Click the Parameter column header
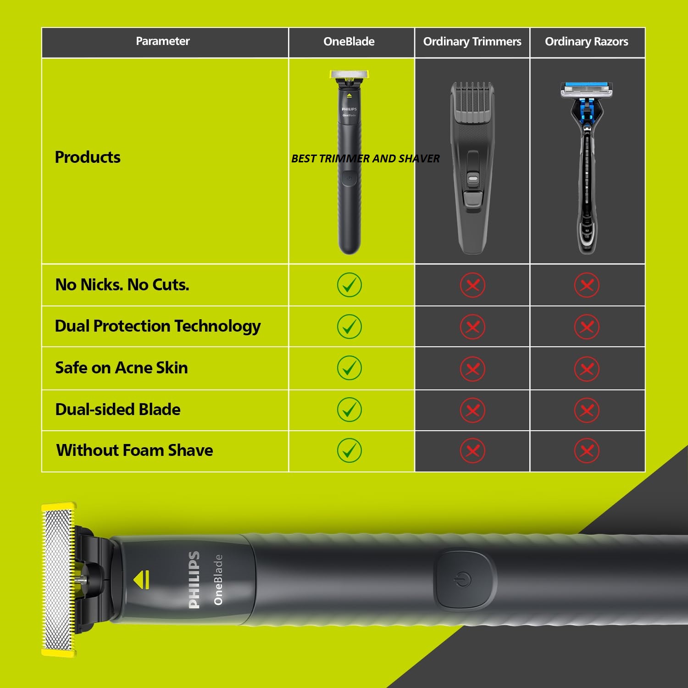tap(163, 41)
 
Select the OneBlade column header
tap(349, 42)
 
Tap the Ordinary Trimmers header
tap(472, 42)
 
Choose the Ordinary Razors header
tap(586, 42)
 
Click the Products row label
tap(88, 157)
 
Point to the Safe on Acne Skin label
tap(122, 368)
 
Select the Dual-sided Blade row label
tap(118, 410)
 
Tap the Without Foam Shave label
tap(134, 450)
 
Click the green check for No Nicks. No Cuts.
tap(349, 285)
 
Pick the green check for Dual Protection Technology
tap(349, 327)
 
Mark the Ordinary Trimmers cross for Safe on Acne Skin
tap(472, 369)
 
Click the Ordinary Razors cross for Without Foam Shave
tap(587, 451)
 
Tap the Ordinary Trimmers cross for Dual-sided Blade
tap(472, 410)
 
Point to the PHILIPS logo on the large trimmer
tap(194, 580)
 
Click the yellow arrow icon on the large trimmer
tap(142, 580)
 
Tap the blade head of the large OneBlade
tap(58, 579)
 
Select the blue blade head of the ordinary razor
tap(586, 89)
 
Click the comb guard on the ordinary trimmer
tap(472, 102)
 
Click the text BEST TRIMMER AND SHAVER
tap(365, 159)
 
